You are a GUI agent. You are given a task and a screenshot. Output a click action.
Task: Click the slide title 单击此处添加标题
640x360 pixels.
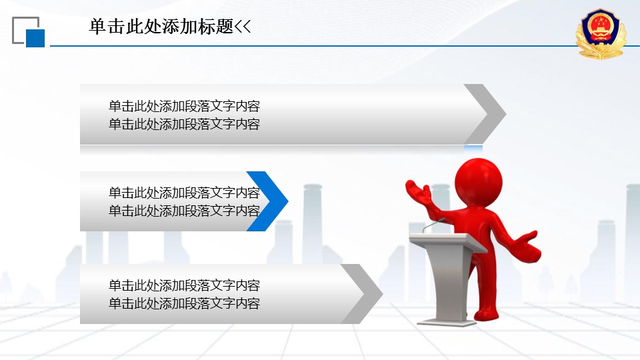[161, 27]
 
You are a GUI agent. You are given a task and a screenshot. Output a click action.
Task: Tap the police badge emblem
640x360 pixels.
[601, 33]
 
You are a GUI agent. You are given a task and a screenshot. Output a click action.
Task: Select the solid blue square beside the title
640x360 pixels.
[35, 39]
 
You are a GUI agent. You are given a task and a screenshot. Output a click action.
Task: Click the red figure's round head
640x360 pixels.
[479, 181]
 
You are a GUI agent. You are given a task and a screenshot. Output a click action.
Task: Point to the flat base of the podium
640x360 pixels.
[447, 323]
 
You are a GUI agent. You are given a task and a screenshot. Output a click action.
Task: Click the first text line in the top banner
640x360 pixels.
[184, 106]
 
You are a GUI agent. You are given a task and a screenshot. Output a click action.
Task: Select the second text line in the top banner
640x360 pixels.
[184, 124]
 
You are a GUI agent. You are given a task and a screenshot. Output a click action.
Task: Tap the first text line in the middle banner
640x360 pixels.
[184, 193]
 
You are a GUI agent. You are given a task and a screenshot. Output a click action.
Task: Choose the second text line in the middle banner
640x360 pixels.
[184, 211]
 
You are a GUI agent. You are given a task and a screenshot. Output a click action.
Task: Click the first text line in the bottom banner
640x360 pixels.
[184, 285]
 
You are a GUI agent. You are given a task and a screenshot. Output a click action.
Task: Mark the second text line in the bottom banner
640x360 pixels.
[184, 303]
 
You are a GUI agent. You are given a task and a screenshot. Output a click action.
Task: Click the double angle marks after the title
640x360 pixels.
[243, 27]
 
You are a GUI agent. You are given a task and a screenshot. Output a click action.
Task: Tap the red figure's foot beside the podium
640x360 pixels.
[486, 314]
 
